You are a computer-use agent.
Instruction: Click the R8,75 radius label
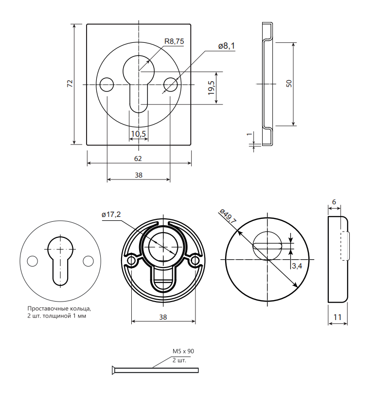pos(174,41)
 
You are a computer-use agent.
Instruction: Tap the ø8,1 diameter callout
pos(226,46)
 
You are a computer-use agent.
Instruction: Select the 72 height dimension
pos(70,84)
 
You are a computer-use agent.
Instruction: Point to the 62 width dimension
pos(138,159)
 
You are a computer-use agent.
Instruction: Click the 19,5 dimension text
pos(212,88)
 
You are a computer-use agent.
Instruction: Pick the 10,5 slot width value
pos(139,134)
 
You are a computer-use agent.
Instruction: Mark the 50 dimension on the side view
pos(289,84)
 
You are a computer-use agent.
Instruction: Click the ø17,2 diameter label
pos(111,214)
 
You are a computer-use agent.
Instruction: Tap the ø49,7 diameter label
pos(228,216)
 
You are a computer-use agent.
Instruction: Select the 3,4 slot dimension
pos(297,266)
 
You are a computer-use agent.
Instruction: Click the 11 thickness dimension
pos(337,317)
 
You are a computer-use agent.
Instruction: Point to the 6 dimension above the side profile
pos(334,202)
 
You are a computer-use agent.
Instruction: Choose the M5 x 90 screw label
pos(183,351)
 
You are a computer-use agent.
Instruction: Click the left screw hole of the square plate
pos(107,85)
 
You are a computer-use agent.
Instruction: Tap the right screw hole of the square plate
pos(171,85)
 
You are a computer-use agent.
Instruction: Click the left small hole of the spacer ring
pos(32,261)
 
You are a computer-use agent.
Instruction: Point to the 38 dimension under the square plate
pos(139,175)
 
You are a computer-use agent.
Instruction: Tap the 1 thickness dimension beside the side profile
pos(249,134)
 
